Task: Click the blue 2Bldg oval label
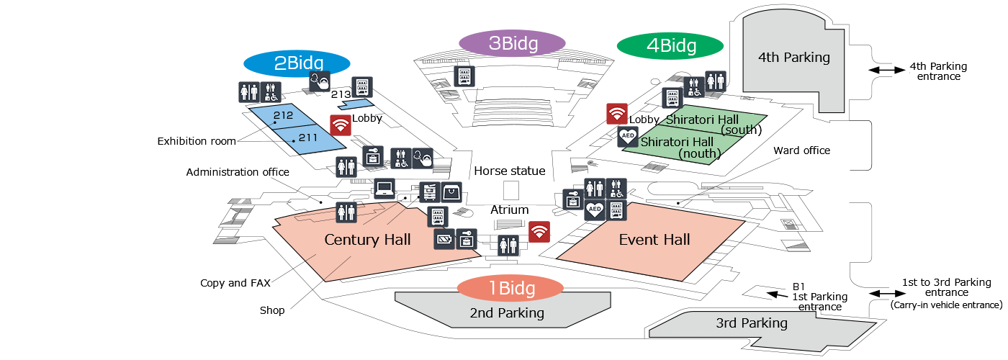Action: (297, 63)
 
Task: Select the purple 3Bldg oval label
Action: (512, 43)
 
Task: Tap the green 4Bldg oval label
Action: (670, 45)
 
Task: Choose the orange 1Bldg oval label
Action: (510, 288)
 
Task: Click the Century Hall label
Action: (367, 239)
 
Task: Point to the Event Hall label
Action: (654, 239)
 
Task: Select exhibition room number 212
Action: (283, 115)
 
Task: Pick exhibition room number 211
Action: (308, 138)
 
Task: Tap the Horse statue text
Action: (510, 171)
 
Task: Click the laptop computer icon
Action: (384, 189)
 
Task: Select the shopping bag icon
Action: (451, 193)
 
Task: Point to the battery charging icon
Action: (445, 239)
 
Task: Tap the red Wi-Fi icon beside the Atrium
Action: (539, 232)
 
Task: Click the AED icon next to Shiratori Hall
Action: (628, 136)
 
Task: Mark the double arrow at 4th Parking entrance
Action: (886, 70)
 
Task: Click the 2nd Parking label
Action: (507, 312)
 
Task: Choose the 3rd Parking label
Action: (752, 323)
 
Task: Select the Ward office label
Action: (802, 150)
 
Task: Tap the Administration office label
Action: (238, 172)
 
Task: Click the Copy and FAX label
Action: (235, 283)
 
